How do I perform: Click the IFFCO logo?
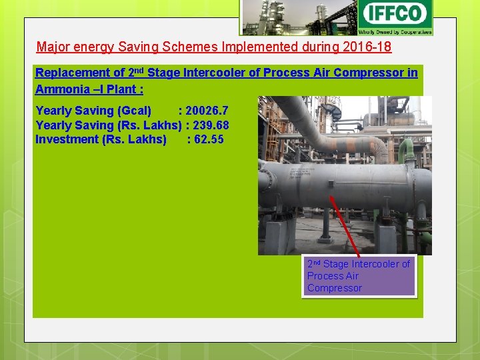click(395, 17)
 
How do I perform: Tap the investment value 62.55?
click(206, 139)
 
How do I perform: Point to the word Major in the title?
click(52, 47)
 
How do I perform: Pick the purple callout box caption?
click(359, 276)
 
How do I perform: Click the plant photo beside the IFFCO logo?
click(298, 18)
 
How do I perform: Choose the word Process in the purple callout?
click(323, 276)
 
